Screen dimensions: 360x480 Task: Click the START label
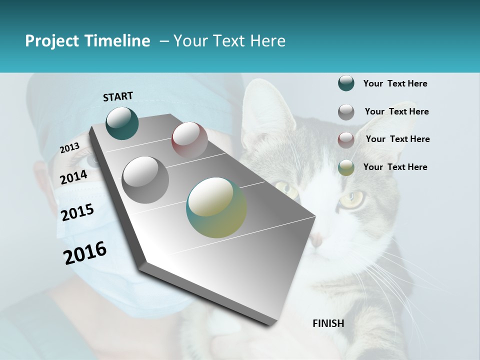pyautogui.click(x=118, y=96)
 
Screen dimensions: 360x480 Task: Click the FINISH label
pyautogui.click(x=328, y=323)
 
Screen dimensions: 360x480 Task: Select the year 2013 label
pyautogui.click(x=69, y=148)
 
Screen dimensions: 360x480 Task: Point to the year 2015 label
pyautogui.click(x=77, y=212)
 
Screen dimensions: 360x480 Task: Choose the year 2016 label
pyautogui.click(x=85, y=253)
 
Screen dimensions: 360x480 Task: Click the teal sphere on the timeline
pyautogui.click(x=122, y=123)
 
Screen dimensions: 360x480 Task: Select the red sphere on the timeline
pyautogui.click(x=189, y=140)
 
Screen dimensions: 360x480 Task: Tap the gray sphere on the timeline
pyautogui.click(x=145, y=179)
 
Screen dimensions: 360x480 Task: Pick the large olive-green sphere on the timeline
pyautogui.click(x=216, y=207)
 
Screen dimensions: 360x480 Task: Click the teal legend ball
pyautogui.click(x=346, y=83)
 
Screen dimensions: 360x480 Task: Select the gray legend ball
pyautogui.click(x=346, y=112)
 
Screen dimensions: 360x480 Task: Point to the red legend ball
pyautogui.click(x=346, y=140)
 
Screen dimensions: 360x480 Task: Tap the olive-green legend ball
pyautogui.click(x=346, y=167)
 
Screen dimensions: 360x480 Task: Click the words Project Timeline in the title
pyautogui.click(x=87, y=41)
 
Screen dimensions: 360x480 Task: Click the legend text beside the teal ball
pyautogui.click(x=395, y=83)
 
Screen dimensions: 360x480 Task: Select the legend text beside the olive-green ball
pyautogui.click(x=395, y=167)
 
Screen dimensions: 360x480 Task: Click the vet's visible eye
pyautogui.click(x=93, y=160)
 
